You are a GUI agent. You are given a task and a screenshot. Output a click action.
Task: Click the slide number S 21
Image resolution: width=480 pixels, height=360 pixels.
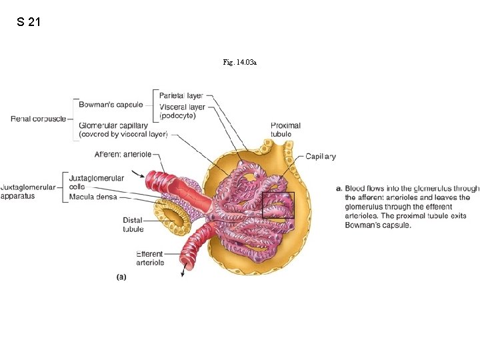[29, 22]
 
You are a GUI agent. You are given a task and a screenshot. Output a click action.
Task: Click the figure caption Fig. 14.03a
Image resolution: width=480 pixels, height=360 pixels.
[240, 62]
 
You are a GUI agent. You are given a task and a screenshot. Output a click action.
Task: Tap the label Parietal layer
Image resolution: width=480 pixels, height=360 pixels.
[181, 96]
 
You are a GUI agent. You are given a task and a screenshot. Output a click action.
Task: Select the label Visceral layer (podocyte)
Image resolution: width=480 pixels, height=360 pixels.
[182, 111]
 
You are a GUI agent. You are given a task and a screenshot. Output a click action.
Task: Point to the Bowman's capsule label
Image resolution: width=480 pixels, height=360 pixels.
[111, 105]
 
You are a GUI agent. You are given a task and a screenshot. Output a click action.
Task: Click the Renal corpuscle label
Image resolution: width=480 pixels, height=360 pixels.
[39, 119]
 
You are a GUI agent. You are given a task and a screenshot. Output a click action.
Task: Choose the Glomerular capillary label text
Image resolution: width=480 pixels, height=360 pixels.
[123, 129]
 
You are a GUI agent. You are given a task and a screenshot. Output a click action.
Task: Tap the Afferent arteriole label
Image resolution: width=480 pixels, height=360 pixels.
[127, 154]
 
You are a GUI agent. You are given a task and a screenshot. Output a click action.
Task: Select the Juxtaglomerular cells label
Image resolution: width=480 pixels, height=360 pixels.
[96, 182]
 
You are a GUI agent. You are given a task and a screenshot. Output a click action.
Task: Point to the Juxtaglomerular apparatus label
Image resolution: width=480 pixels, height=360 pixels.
[28, 192]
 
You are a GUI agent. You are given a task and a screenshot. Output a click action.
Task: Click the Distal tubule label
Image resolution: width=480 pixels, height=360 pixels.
[133, 225]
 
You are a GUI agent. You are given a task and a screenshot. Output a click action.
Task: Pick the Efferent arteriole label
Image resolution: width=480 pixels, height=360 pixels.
[149, 258]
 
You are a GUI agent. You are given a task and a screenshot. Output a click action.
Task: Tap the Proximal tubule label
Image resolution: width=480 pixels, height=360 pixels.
[285, 129]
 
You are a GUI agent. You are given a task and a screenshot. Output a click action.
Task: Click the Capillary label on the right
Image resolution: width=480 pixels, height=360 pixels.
[321, 157]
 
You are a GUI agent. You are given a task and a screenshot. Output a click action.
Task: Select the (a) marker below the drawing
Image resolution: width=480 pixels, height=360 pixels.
[121, 276]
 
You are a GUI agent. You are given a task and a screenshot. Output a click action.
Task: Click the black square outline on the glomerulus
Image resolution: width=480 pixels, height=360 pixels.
[278, 205]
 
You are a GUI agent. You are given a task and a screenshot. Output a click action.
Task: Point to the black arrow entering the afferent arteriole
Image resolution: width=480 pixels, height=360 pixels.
[140, 175]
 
